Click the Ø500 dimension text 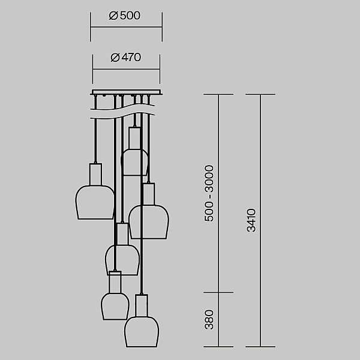point(124,16)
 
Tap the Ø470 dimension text point(126,58)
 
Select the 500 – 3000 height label point(209,193)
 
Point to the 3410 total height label point(251,220)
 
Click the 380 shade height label point(209,320)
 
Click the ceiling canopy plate point(126,92)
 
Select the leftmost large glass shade point(95,202)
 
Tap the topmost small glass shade point(134,163)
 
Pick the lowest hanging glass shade point(142,332)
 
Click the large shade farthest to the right point(149,222)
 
